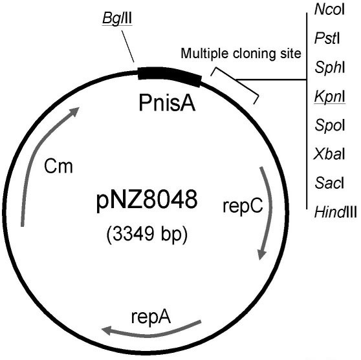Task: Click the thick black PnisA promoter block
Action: [170, 74]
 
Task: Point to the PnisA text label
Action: [170, 103]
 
